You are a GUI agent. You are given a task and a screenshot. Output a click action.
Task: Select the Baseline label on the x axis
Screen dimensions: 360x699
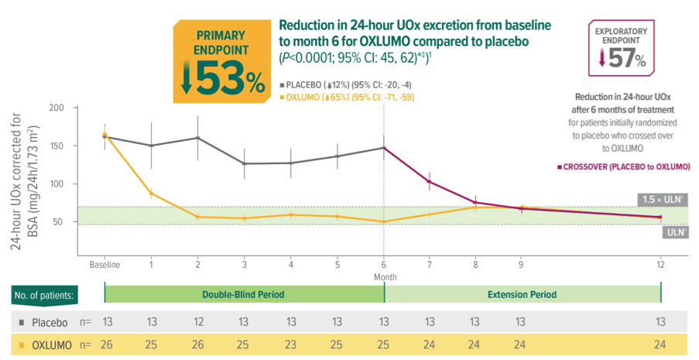coord(105,265)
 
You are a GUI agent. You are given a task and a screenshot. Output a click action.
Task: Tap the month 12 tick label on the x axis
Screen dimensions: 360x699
coord(660,265)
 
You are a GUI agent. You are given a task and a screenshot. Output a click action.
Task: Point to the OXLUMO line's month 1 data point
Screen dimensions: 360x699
coord(151,193)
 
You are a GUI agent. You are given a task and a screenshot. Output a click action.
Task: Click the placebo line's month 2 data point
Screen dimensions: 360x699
coord(197,138)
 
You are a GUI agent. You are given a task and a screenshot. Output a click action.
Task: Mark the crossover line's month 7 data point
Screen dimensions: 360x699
coord(430,181)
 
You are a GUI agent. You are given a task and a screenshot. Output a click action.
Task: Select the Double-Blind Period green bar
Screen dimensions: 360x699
coord(244,295)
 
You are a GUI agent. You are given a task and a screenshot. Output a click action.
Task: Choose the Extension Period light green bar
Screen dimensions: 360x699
coord(523,295)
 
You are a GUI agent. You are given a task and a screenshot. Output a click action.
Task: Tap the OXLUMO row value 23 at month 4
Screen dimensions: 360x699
coord(291,346)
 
